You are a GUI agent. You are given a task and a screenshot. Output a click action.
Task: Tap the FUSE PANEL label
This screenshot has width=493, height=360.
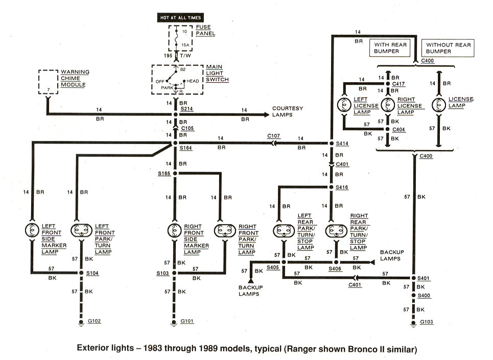coord(206,30)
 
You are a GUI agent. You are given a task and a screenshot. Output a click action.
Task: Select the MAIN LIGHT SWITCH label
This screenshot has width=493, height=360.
coord(218,73)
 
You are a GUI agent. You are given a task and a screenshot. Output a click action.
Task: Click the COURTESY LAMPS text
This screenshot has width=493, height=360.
coord(288,111)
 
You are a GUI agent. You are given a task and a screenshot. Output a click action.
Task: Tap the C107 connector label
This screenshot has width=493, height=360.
coord(273,136)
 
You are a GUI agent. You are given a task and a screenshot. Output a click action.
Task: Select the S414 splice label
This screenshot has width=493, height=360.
coord(342,143)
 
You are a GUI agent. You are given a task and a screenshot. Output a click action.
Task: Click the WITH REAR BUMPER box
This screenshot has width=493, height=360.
coord(390,49)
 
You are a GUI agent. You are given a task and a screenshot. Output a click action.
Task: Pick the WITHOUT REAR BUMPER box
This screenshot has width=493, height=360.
coord(445,49)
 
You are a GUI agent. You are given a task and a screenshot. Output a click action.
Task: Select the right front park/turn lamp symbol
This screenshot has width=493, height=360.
coord(225,231)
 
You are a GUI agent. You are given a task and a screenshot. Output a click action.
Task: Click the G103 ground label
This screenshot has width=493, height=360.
coord(426,322)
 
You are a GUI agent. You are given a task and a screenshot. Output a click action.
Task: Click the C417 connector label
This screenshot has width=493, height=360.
coord(398,83)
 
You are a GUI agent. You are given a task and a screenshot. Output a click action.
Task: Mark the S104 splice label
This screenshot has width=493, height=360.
coord(92,273)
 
